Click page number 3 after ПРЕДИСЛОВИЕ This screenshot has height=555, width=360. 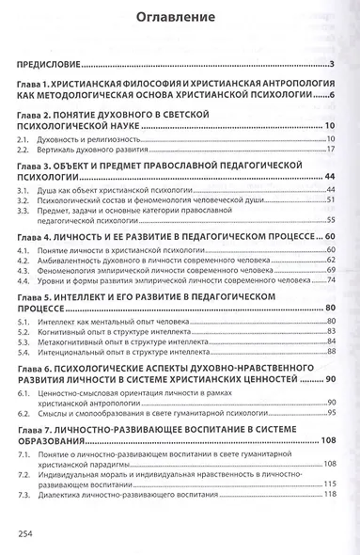tap(334, 64)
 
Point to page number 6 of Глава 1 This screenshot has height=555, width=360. tap(333, 96)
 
